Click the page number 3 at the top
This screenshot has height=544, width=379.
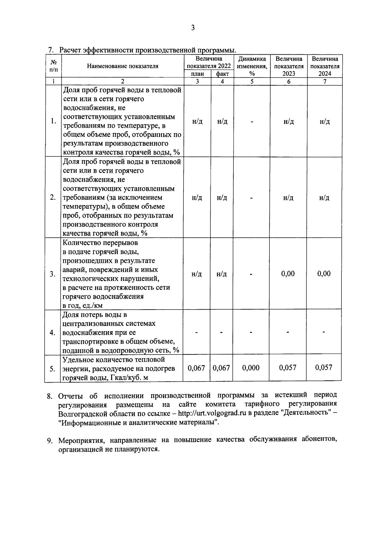(193, 28)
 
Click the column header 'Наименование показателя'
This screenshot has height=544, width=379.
(123, 66)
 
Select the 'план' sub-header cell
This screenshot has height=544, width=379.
(197, 74)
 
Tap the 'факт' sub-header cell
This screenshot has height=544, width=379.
(222, 74)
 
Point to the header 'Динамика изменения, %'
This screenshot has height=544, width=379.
(252, 66)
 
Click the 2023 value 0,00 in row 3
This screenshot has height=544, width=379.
(288, 274)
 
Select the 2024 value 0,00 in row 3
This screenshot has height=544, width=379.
(324, 274)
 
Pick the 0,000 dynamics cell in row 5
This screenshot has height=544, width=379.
(251, 368)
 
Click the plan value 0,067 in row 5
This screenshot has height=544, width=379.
(196, 368)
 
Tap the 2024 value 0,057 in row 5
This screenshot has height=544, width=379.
(324, 367)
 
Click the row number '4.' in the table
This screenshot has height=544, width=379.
(53, 333)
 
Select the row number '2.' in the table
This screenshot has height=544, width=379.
(53, 197)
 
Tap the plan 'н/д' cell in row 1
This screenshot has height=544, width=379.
(197, 122)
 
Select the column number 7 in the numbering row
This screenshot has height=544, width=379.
(324, 82)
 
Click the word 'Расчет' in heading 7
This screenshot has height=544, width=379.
(70, 50)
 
